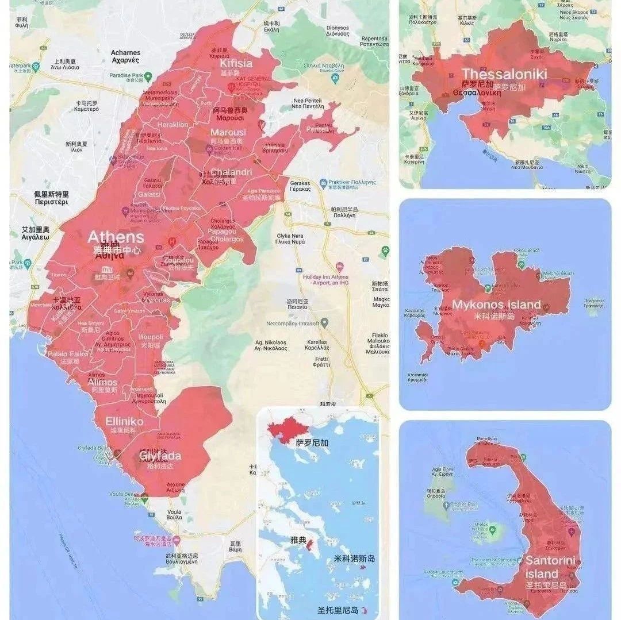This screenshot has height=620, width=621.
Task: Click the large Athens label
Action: click(x=116, y=237)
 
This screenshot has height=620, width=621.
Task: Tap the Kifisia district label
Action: click(x=237, y=63)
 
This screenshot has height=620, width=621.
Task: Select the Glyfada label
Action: click(x=160, y=456)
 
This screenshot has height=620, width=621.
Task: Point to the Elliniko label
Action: click(x=124, y=421)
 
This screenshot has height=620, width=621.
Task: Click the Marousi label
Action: click(x=228, y=133)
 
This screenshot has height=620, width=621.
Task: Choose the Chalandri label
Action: click(x=231, y=172)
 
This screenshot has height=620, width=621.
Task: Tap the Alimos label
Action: click(x=103, y=382)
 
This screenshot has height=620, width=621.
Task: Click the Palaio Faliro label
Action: click(x=67, y=354)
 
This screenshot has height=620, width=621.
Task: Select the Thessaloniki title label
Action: click(x=504, y=74)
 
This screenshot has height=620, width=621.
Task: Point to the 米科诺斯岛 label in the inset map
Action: click(x=354, y=559)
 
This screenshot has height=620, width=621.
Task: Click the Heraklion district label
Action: click(x=173, y=124)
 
